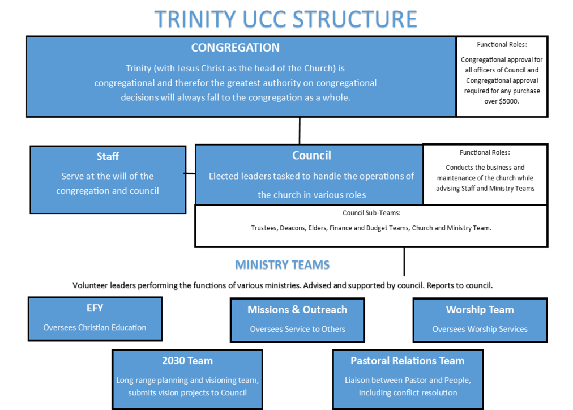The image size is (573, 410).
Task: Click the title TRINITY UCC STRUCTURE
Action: tap(285, 19)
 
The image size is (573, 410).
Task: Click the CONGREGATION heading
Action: tap(236, 48)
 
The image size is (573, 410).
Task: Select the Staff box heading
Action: tap(108, 156)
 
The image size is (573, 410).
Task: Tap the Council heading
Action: tap(312, 155)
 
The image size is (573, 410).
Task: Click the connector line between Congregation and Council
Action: tap(300, 130)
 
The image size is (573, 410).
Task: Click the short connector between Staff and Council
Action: tap(190, 173)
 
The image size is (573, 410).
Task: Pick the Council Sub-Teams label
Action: tap(371, 213)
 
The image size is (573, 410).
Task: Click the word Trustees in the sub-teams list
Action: tap(264, 228)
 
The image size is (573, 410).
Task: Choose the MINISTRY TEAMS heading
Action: tap(282, 265)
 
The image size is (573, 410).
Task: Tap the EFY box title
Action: tap(95, 308)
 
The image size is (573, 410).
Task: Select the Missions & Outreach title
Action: tap(297, 310)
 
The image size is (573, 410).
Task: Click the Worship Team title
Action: tap(480, 310)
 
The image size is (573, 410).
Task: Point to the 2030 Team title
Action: tap(187, 361)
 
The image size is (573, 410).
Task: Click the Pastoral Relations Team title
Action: tap(408, 361)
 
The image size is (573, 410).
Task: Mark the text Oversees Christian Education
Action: tap(95, 327)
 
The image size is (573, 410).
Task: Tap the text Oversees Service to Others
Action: tap(297, 329)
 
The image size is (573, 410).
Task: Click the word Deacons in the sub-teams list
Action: tap(293, 228)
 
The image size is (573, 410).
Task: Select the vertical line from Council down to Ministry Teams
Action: tap(404, 262)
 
